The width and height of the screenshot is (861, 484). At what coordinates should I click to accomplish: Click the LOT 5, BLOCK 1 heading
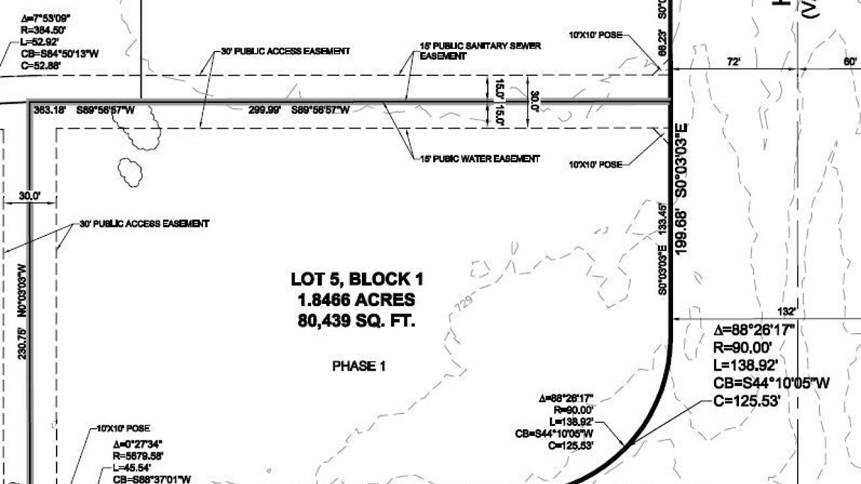point(357,280)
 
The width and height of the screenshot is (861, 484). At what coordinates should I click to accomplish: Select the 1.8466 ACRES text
point(357,301)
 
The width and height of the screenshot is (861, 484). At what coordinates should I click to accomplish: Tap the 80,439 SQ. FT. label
point(357,322)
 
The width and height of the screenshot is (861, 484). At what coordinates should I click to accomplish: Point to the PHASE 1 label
point(358,367)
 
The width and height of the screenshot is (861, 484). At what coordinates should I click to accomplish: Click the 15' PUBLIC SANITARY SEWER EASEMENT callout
point(480,51)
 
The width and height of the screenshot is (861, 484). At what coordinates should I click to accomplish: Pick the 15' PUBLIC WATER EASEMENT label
point(480,158)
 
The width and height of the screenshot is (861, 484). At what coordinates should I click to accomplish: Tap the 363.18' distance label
point(50,110)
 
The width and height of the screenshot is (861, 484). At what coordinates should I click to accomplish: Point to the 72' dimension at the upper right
point(733,61)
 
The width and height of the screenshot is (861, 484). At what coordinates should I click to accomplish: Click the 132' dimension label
point(786,311)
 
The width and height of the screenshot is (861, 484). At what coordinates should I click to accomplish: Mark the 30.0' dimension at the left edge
point(30,196)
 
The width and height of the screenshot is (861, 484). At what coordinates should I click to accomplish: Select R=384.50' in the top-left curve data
point(42,30)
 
